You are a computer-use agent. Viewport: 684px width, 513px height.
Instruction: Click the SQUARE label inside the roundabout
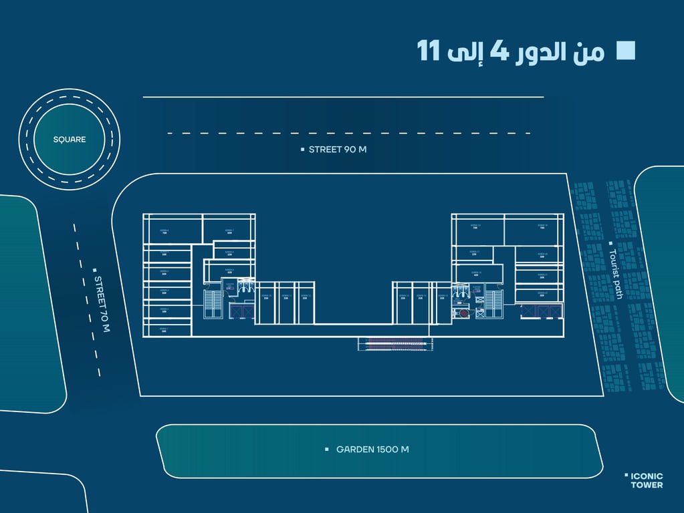(x=70, y=140)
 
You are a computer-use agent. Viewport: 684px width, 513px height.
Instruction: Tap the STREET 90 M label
(x=337, y=150)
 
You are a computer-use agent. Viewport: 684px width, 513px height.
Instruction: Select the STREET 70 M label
(x=102, y=304)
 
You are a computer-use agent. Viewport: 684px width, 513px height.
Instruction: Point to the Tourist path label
(x=616, y=274)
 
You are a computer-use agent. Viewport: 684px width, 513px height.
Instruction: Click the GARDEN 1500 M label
(x=372, y=450)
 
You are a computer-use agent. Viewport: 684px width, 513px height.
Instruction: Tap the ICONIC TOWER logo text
(x=647, y=480)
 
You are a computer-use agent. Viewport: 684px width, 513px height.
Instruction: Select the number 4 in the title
(x=499, y=51)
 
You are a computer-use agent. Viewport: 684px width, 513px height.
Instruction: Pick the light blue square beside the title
(x=625, y=51)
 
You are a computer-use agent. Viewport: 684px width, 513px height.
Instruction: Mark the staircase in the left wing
(x=214, y=304)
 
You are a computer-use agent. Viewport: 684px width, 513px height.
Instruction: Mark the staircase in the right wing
(x=493, y=304)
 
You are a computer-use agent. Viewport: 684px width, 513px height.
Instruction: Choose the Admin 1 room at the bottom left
(x=164, y=329)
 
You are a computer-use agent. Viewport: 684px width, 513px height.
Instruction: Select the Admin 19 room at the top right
(x=542, y=228)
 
